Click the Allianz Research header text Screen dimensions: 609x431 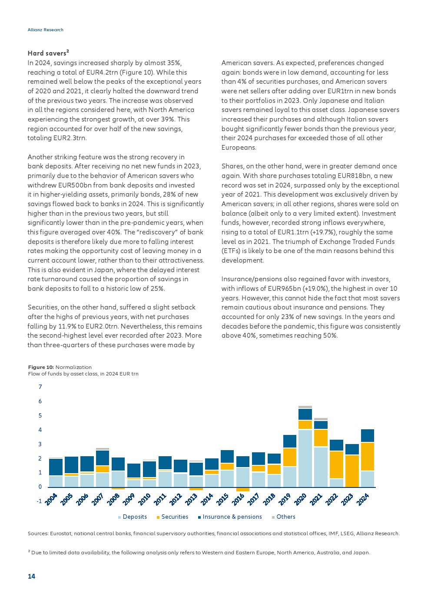coord(45,30)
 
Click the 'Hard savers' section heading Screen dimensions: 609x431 coord(48,53)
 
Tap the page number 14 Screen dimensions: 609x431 coord(31,576)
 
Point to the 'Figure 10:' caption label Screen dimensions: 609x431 coord(41,367)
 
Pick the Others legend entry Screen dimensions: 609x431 coord(285,517)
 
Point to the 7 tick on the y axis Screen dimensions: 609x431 coord(40,387)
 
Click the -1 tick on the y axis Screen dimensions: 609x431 coord(40,501)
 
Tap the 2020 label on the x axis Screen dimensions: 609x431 coord(300,500)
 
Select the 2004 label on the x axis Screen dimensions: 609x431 coord(51,500)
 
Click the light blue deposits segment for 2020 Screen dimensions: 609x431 coord(305,458)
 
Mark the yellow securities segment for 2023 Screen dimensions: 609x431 coord(352,471)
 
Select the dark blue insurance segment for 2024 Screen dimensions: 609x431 coord(368,435)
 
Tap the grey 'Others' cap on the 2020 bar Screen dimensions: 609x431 coord(305,407)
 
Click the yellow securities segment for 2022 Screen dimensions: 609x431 coord(336,465)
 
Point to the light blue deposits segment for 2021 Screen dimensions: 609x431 coord(321,467)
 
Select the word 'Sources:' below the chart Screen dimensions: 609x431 coord(38,533)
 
